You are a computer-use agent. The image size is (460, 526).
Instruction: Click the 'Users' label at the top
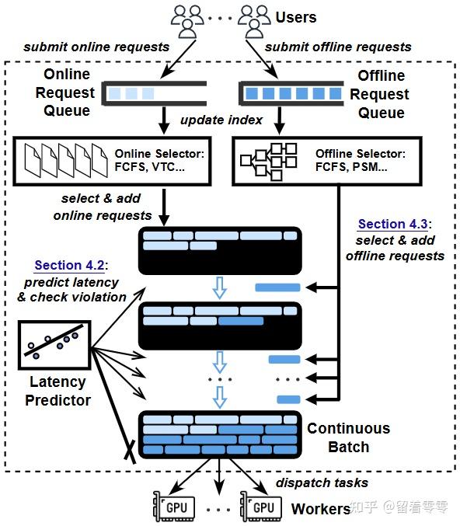point(296,16)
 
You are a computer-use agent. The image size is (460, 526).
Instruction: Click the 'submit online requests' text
point(96,47)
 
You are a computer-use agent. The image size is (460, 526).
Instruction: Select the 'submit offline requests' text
point(339,47)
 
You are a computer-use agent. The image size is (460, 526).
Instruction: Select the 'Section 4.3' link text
point(393,224)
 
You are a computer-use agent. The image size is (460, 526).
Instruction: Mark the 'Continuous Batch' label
point(348,437)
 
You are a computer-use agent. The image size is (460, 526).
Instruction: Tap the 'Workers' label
point(320,509)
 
